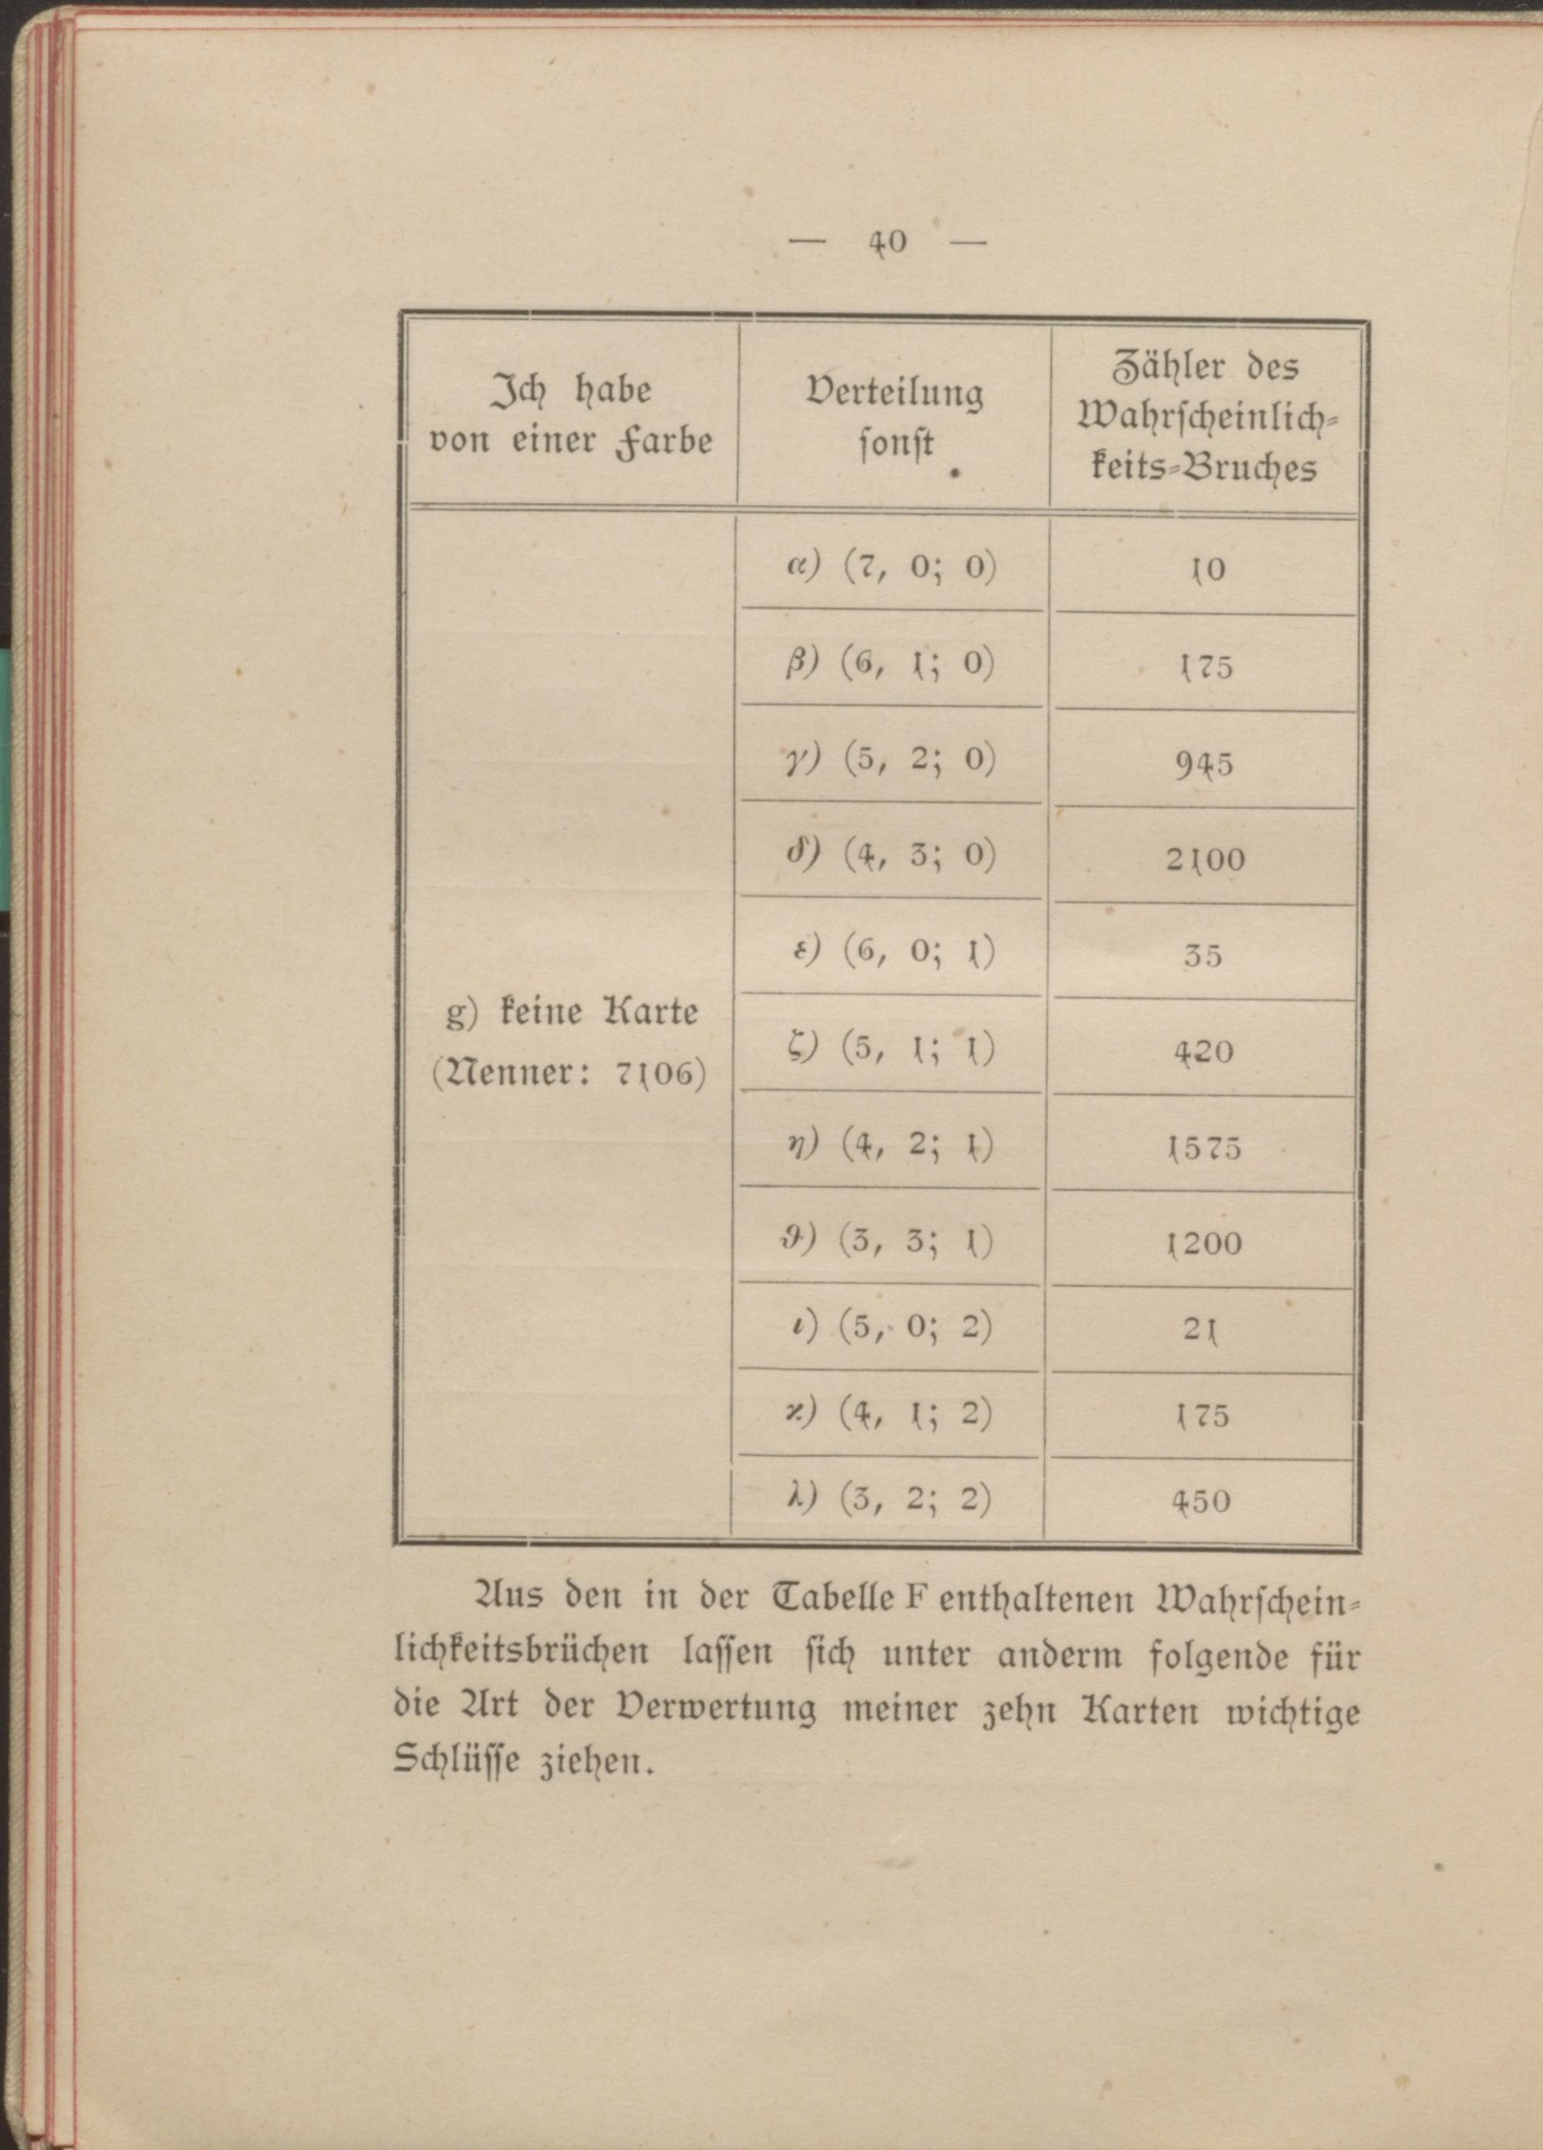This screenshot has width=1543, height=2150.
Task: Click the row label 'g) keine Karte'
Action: [x=572, y=1013]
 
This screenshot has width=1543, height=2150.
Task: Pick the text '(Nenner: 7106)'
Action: [x=569, y=1074]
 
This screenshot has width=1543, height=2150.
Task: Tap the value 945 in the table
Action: [x=1204, y=763]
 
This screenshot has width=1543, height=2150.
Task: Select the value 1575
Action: [x=1204, y=1148]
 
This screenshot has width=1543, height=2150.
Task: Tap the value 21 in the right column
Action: [x=1202, y=1330]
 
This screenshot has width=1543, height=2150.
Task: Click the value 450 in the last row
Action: [x=1201, y=1501]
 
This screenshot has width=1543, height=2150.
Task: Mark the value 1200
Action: [x=1204, y=1244]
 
